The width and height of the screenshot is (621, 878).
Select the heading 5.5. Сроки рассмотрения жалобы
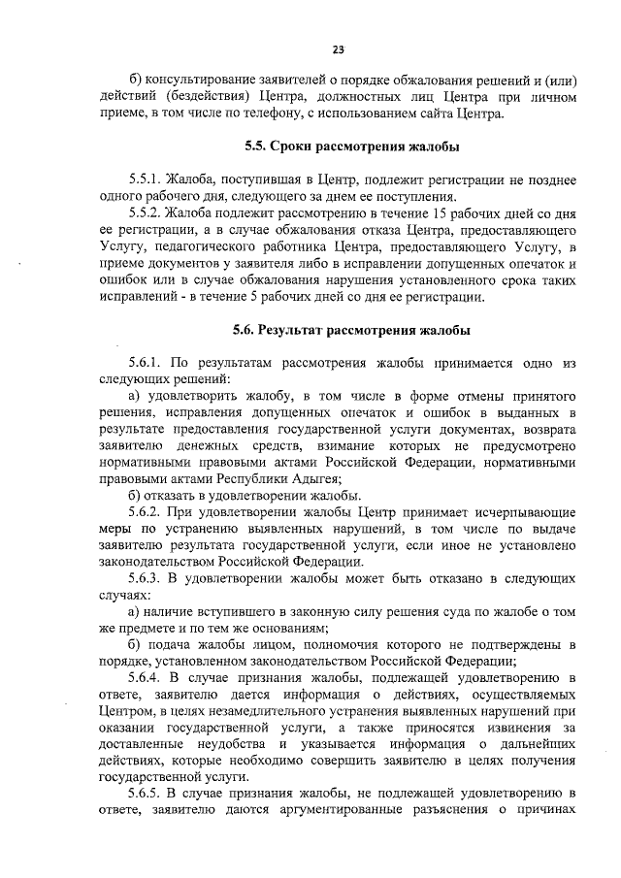tap(350, 147)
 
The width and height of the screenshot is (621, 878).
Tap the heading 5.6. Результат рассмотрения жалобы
tap(350, 330)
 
